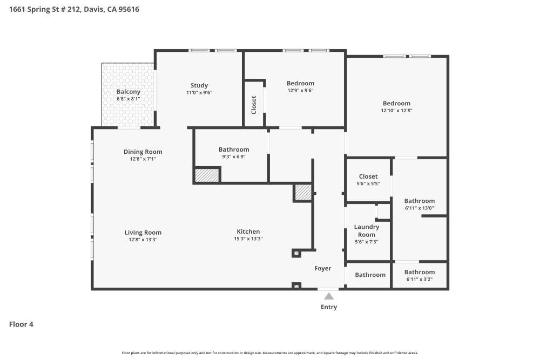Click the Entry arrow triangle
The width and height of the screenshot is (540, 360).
[x=328, y=296]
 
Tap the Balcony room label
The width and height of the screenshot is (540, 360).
[x=128, y=92]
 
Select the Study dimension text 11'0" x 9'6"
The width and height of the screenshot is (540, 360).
[x=199, y=93]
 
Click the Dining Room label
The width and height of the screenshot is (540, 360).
[x=143, y=152]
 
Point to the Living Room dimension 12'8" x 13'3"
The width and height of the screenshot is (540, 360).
[x=143, y=240]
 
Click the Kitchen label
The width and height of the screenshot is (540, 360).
[x=248, y=232]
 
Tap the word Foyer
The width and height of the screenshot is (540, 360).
[x=323, y=268]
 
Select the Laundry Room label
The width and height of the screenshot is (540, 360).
[x=366, y=230]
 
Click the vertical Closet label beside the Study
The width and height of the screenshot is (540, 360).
[x=254, y=105]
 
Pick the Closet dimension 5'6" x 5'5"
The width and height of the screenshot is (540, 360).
[x=368, y=184]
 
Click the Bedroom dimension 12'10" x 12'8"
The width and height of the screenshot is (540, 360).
[x=396, y=111]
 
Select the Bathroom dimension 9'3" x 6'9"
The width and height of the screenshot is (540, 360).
[x=234, y=157]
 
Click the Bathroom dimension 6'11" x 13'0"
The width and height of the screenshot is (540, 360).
[x=419, y=208]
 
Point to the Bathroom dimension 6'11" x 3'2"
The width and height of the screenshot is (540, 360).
[x=419, y=280]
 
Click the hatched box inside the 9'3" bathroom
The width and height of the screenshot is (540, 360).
[x=207, y=175]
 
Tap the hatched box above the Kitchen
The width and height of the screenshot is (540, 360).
[x=303, y=192]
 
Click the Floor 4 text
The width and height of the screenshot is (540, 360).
[x=21, y=324]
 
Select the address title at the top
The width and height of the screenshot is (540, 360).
[x=74, y=9]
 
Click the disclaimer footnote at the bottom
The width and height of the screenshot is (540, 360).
[x=269, y=353]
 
